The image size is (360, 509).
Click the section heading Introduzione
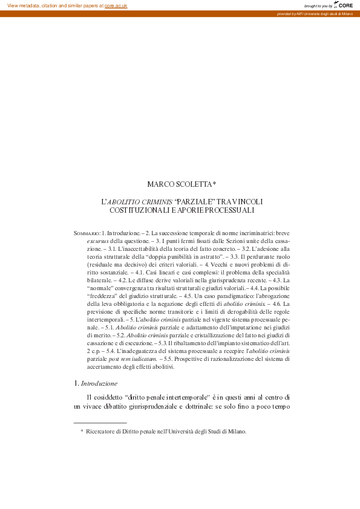(100, 383)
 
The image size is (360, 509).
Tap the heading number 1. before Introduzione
(76, 383)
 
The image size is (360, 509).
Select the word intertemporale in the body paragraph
(185, 397)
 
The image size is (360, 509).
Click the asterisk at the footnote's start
(82, 431)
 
